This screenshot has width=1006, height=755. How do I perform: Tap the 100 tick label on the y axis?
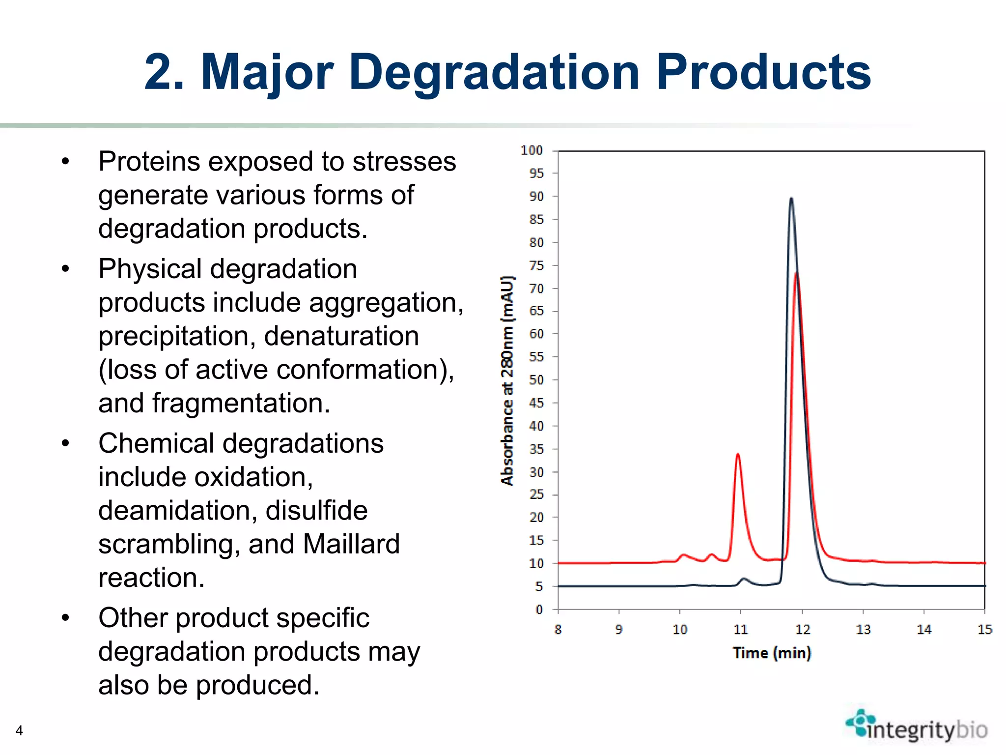[531, 150]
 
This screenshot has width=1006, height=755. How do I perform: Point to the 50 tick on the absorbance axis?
[536, 380]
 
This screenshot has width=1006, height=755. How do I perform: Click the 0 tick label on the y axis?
[539, 610]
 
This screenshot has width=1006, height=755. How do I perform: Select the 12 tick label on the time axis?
[802, 630]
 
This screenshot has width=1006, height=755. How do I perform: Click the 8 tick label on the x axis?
[558, 630]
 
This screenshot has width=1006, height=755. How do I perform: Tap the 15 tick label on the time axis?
[984, 630]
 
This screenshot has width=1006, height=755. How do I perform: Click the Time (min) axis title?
[772, 653]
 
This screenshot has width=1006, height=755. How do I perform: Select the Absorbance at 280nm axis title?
[507, 381]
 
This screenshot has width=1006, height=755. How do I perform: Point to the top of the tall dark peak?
[791, 199]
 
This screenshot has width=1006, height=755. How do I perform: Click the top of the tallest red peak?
[796, 273]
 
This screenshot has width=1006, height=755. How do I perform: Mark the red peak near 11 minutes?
[738, 455]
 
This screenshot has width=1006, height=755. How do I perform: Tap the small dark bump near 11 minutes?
[745, 579]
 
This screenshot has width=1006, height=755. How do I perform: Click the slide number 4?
[19, 730]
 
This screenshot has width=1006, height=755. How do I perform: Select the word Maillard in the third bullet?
[351, 544]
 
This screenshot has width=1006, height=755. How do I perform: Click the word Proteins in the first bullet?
[148, 162]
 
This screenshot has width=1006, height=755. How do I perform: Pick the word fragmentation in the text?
[241, 404]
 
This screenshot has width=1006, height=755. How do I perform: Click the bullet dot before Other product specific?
[65, 618]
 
